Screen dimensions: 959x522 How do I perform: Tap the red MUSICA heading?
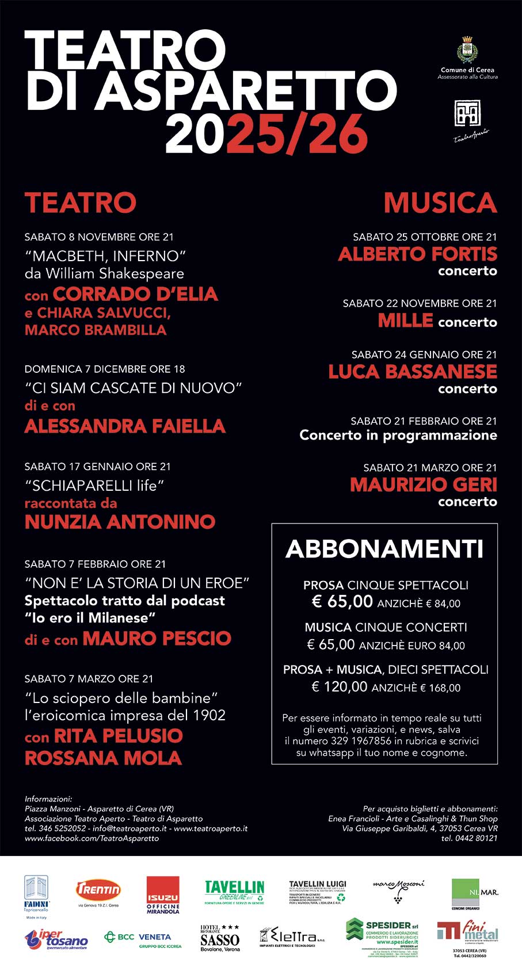pos(440,203)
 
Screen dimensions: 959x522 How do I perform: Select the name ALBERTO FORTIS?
pos(417,254)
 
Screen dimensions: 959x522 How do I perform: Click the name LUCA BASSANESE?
pos(412,371)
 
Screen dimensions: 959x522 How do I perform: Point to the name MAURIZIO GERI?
pos(423,484)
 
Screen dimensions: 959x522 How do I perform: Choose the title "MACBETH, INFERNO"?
pos(105,255)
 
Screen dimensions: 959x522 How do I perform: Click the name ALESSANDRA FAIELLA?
pos(125,426)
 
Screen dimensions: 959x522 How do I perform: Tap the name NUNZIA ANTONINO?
pos(120,521)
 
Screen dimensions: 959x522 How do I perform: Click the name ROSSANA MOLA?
pos(103,758)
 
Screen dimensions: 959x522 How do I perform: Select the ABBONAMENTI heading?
pos(384,549)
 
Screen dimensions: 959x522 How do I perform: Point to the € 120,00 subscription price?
pos(339,686)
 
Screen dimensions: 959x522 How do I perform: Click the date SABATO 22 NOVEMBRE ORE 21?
pos(420,303)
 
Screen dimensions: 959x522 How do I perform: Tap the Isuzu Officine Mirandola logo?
pos(163,895)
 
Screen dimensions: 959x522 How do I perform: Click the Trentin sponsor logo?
pos(98,891)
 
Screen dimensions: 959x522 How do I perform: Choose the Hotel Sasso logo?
pos(219,938)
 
